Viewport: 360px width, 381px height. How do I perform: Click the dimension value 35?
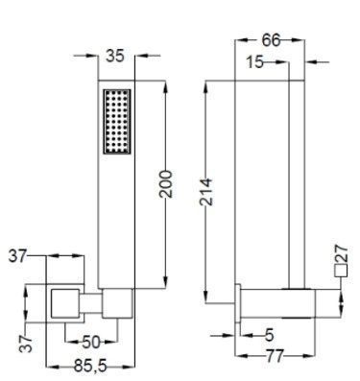[x=115, y=57]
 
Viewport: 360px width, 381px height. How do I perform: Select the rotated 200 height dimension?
[x=166, y=184]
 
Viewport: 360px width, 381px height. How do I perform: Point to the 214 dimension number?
[x=206, y=192]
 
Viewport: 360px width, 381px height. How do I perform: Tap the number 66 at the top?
[x=271, y=40]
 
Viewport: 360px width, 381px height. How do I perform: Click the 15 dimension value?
[x=255, y=62]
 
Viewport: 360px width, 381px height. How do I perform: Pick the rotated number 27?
[x=341, y=253]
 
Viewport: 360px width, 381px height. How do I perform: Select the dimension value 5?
[x=270, y=335]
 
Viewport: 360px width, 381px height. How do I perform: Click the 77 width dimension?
[x=275, y=356]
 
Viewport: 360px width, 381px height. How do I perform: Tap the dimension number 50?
[x=91, y=343]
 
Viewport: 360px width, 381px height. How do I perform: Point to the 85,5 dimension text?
[x=90, y=366]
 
